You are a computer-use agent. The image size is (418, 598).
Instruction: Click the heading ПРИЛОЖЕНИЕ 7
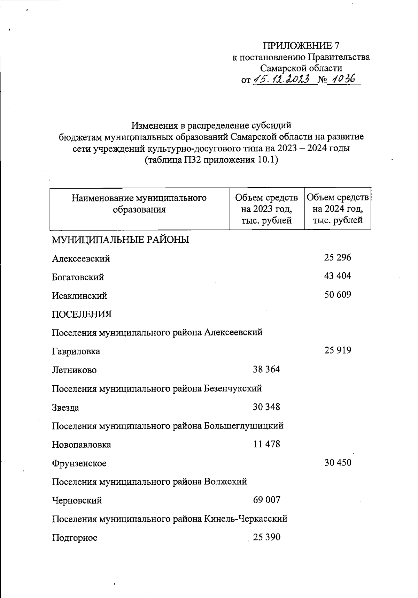(x=301, y=46)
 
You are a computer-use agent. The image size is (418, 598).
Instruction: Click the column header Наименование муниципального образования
(x=139, y=204)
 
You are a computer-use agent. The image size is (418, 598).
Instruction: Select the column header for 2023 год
(x=266, y=209)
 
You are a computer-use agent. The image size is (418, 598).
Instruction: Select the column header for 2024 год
(x=338, y=209)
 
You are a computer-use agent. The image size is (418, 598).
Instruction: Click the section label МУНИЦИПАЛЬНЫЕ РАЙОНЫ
(x=121, y=240)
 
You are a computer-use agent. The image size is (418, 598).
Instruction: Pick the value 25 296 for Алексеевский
(x=338, y=258)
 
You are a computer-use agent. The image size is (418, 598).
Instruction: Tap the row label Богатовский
(x=78, y=277)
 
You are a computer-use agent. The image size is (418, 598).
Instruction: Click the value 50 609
(x=338, y=295)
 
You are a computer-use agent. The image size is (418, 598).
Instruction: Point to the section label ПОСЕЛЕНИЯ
(x=82, y=314)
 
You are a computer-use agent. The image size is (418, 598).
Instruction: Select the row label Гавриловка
(x=76, y=351)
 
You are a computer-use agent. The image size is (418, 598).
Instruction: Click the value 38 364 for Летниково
(x=266, y=369)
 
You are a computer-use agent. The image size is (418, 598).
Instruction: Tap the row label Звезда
(x=65, y=407)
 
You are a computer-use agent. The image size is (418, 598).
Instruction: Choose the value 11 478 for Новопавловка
(x=266, y=444)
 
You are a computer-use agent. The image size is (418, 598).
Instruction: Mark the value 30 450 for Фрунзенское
(x=338, y=463)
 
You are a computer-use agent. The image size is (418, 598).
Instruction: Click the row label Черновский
(x=77, y=501)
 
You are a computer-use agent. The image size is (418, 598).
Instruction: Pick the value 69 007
(x=266, y=500)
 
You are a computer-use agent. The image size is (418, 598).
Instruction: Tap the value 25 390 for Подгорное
(x=266, y=537)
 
